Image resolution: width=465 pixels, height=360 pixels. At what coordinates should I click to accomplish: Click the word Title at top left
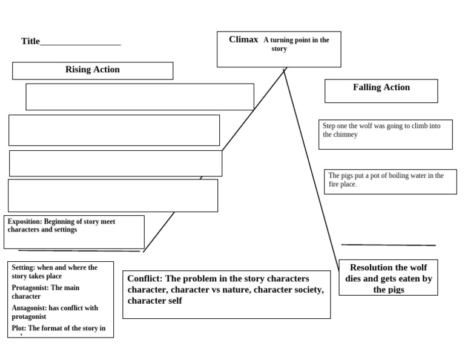30,41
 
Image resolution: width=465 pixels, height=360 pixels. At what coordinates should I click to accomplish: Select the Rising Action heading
92,70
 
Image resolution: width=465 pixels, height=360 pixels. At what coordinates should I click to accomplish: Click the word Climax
243,39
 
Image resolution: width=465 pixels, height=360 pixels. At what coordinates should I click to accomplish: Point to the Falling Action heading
381,87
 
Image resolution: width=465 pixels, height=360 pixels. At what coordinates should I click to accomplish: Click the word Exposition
25,222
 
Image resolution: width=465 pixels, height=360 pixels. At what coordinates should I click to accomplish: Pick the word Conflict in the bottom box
145,278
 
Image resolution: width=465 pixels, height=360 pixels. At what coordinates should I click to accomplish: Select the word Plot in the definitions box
18,328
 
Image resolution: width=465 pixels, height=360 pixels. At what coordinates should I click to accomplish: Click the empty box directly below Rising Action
139,97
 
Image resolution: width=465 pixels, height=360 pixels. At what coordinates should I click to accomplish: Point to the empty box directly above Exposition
113,195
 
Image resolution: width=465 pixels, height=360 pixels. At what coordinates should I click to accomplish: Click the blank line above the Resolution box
388,245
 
